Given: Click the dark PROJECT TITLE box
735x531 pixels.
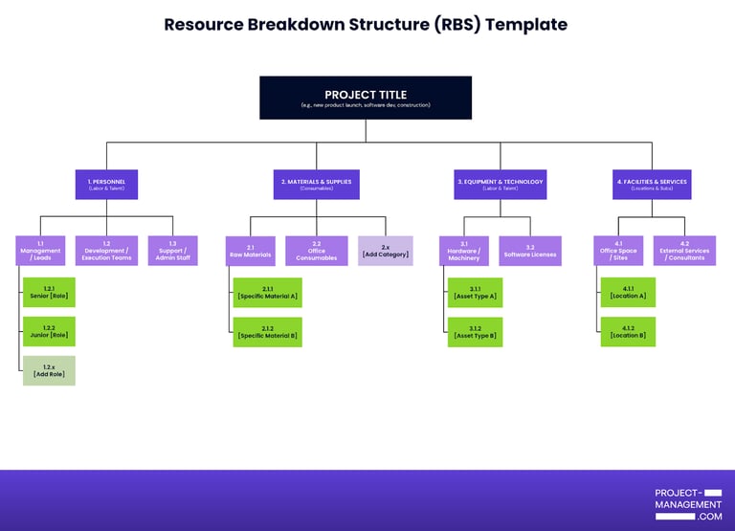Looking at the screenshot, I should click(x=366, y=98).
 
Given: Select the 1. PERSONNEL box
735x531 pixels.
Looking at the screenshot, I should click(x=106, y=184).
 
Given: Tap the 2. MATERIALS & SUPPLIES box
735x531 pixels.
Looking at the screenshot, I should click(x=316, y=184).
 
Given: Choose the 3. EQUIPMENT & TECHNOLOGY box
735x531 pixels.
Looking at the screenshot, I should click(x=500, y=184).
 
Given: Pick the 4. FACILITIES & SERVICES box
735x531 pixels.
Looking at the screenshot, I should click(x=652, y=184).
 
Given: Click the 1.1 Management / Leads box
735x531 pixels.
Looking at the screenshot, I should click(x=40, y=251).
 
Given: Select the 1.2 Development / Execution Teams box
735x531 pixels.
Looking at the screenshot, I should click(x=106, y=251).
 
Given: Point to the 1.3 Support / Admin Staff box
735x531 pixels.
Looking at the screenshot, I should click(x=172, y=251).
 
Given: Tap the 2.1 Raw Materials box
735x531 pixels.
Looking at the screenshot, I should click(x=251, y=251).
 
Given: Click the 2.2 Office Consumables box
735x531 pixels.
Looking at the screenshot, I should click(x=316, y=251).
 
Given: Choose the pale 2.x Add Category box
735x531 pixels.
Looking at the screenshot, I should click(x=386, y=251).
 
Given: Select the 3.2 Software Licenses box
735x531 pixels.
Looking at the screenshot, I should click(x=530, y=251).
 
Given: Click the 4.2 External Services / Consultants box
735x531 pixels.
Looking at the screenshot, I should click(x=684, y=251).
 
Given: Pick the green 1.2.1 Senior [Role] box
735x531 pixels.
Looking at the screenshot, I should click(x=49, y=292).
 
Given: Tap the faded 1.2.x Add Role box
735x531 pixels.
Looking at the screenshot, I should click(x=49, y=370).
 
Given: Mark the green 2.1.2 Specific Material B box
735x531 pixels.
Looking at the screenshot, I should click(x=267, y=331).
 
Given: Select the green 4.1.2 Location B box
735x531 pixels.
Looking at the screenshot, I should click(x=628, y=331).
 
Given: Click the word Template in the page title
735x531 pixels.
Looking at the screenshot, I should click(x=525, y=25).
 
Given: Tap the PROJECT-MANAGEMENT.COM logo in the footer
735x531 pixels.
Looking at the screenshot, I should click(x=688, y=504).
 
